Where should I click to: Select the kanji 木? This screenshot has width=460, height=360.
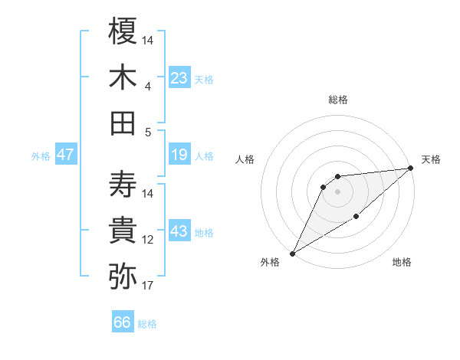[x=123, y=77]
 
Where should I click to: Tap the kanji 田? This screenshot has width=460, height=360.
[x=123, y=123]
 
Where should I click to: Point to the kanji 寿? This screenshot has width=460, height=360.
[x=123, y=183]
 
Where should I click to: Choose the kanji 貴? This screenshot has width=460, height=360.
[x=123, y=230]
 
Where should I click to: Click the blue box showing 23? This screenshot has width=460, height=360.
[x=179, y=77]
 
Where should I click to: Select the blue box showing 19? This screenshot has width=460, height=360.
[x=179, y=155]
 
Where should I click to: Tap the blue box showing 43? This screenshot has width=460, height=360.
[x=179, y=231]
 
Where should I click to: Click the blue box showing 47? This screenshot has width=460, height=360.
[x=66, y=155]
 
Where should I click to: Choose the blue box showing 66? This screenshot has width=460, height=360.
[x=123, y=322]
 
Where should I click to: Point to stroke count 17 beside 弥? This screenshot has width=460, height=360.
[x=148, y=286]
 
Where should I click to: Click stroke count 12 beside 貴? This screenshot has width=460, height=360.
[x=148, y=240]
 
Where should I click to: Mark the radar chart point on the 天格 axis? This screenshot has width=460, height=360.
[x=411, y=168]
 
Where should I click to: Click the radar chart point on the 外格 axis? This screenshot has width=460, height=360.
[x=292, y=253]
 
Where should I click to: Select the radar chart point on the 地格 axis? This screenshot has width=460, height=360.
[x=356, y=218]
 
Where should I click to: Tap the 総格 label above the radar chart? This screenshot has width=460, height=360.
[x=337, y=100]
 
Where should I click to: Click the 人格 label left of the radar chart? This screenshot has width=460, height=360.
[x=245, y=159]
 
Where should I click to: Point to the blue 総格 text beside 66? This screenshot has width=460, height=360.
[x=147, y=324]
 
